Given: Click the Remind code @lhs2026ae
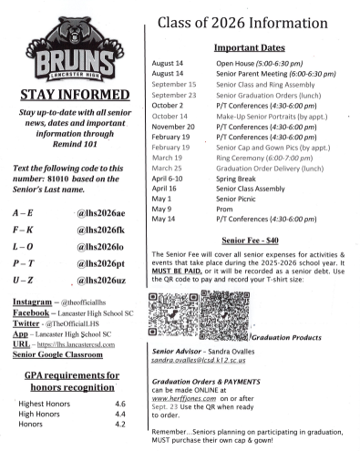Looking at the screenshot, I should [99, 212].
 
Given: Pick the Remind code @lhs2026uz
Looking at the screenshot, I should [99, 280].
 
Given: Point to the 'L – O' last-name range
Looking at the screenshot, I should [24, 246].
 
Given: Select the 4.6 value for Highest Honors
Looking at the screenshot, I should [119, 403].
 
